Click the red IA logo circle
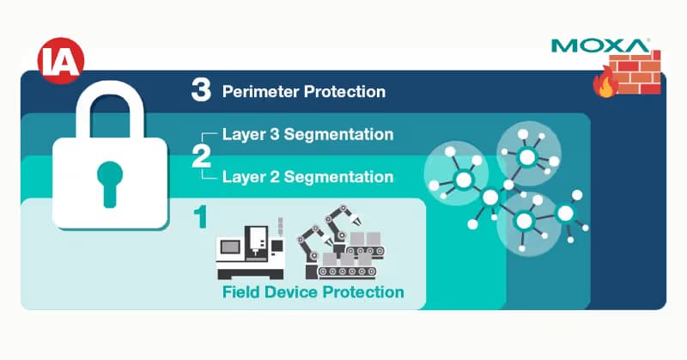pos(61,61)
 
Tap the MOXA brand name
pos(600,46)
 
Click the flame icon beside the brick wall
pos(605,82)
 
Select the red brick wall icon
pos(635,72)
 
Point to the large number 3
pos(201,91)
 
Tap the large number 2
pos(201,156)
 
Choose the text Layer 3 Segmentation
pos(307,134)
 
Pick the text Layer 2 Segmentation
pos(307,177)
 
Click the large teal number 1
pos(200,217)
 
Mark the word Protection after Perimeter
pos(345,92)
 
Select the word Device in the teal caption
pos(291,292)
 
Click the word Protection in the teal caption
pos(363,292)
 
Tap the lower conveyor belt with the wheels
pos(347,272)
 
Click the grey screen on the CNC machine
pos(229,247)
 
